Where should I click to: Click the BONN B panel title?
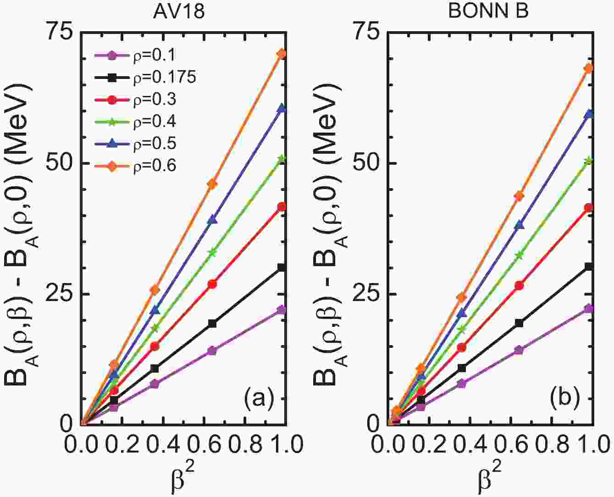pos(488,11)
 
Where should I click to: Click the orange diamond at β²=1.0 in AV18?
pos(282,54)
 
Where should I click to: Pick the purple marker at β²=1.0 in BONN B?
pos(589,308)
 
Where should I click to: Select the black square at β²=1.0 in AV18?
pos(282,268)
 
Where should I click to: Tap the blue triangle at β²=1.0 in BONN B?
pos(589,113)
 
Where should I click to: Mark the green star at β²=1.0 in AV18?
pos(282,159)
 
